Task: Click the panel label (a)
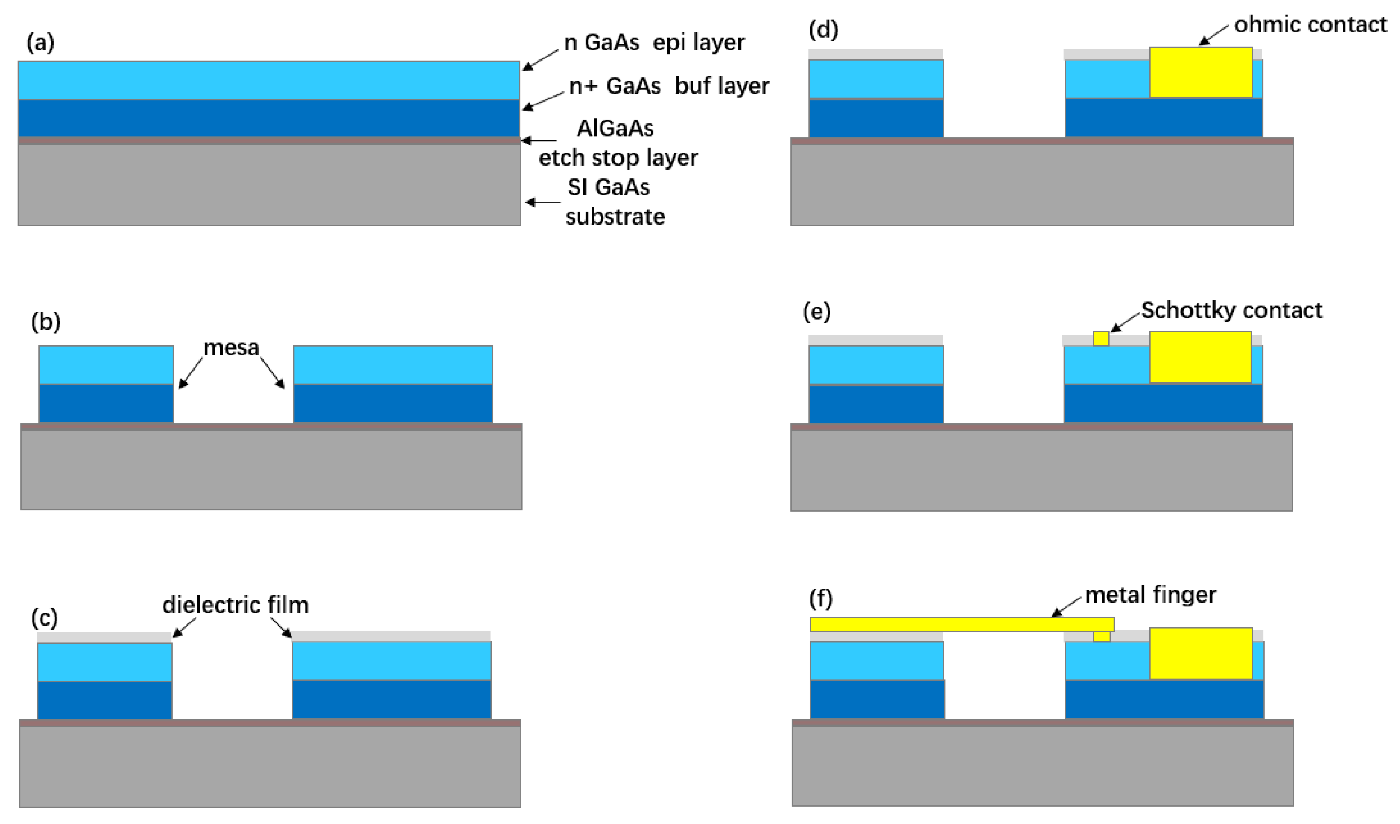[40, 42]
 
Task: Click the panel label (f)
[821, 598]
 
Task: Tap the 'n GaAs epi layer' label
[654, 42]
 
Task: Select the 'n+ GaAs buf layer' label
[669, 86]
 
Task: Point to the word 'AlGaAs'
[615, 128]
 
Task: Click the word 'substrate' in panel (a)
[615, 217]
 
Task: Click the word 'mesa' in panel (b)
[231, 348]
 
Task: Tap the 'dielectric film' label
[235, 605]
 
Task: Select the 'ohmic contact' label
[1310, 24]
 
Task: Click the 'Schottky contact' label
[1231, 310]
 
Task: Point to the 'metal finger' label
[1150, 595]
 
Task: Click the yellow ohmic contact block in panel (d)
[1201, 72]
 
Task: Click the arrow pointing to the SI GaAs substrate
[543, 202]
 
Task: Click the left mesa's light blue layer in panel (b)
[106, 365]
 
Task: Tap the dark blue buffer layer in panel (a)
[269, 118]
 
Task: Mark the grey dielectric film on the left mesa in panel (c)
[105, 637]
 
